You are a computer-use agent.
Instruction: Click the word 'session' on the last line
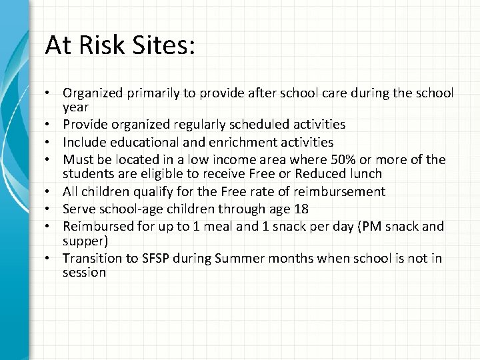coord(84,273)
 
